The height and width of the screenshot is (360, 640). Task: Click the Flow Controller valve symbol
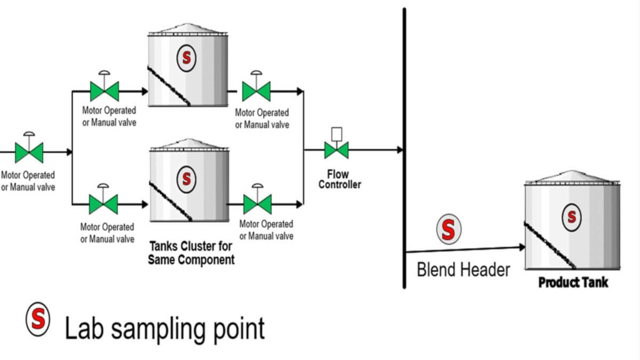pyautogui.click(x=336, y=150)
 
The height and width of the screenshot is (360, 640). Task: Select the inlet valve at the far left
pyautogui.click(x=29, y=152)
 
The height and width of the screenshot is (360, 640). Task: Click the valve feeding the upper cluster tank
pyautogui.click(x=104, y=91)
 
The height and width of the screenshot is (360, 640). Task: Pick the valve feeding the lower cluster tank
pyautogui.click(x=103, y=204)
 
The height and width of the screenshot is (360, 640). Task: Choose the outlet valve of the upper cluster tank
pyautogui.click(x=256, y=91)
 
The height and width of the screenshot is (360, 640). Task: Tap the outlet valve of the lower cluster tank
pyautogui.click(x=257, y=204)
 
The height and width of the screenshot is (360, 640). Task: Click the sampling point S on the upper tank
pyautogui.click(x=186, y=57)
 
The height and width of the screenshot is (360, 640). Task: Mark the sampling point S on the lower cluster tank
pyautogui.click(x=186, y=178)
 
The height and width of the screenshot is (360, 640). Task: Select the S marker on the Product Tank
pyautogui.click(x=571, y=216)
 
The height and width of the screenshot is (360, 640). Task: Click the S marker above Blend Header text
pyautogui.click(x=447, y=229)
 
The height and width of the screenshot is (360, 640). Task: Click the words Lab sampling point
pyautogui.click(x=165, y=327)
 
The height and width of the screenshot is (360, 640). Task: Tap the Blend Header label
pyautogui.click(x=463, y=270)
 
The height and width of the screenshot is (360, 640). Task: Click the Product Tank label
pyautogui.click(x=573, y=282)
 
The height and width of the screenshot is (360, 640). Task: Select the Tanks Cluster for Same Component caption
pyautogui.click(x=191, y=252)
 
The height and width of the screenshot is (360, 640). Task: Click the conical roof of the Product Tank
pyautogui.click(x=572, y=176)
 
